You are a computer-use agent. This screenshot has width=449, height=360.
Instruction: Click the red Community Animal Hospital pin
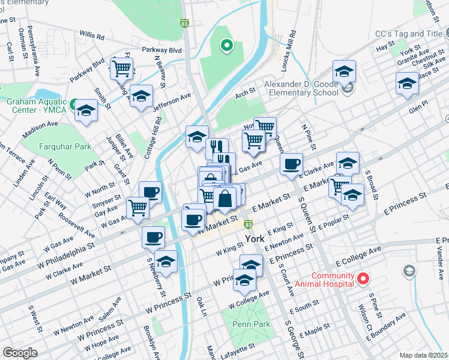363,278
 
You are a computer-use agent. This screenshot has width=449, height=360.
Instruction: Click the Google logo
19,353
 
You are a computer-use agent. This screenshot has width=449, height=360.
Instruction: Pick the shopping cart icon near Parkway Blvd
122,69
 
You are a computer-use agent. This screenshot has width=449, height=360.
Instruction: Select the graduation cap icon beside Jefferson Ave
141,96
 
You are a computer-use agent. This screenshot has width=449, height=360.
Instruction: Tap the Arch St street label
246,92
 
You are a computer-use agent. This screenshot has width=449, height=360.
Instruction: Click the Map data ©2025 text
424,355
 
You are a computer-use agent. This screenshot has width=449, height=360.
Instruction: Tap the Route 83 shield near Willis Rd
184,23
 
